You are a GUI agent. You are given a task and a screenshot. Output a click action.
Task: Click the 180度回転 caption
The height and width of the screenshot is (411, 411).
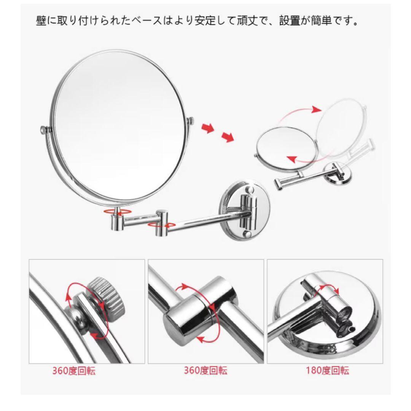coord(327,371)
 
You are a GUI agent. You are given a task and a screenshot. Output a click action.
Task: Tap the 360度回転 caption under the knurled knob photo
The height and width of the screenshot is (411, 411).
coord(74,371)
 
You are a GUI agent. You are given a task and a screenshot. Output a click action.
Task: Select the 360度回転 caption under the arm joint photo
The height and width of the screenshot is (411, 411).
coord(205,371)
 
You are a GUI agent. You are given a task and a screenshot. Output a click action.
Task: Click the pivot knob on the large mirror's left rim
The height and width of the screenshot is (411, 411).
coord(45,129)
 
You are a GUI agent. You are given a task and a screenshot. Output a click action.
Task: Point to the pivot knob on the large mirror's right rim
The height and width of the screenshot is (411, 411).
coord(191,121)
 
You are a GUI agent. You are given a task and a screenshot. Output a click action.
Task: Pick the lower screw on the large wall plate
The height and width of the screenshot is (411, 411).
coord(247,234)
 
